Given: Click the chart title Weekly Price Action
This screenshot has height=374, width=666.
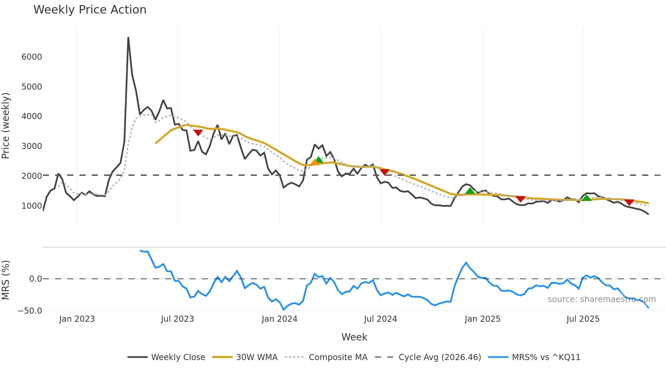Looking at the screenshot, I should [90, 10].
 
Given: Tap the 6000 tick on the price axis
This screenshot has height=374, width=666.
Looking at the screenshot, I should [32, 57].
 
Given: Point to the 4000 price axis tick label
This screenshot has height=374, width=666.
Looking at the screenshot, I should [32, 116].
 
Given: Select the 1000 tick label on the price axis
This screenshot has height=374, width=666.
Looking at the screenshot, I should [32, 206].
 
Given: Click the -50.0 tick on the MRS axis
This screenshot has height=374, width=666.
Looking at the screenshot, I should [30, 311].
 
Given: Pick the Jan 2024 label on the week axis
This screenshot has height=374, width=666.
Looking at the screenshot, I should [279, 319].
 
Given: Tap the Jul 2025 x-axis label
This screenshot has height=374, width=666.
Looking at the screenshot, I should [583, 319].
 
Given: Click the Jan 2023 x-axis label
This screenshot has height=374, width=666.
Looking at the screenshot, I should [77, 319].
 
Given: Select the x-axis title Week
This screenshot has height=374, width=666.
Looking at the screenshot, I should [354, 337].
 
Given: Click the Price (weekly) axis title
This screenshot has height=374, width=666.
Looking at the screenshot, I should [6, 126].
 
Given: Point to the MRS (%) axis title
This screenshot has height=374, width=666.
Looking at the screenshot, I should [6, 280].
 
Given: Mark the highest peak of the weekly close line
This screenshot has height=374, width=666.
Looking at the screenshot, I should [128, 38].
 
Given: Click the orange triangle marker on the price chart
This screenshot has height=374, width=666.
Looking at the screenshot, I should [315, 162].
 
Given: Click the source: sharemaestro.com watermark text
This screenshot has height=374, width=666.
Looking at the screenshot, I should [601, 299].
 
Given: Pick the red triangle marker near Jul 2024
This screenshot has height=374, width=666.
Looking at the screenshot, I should [384, 172].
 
